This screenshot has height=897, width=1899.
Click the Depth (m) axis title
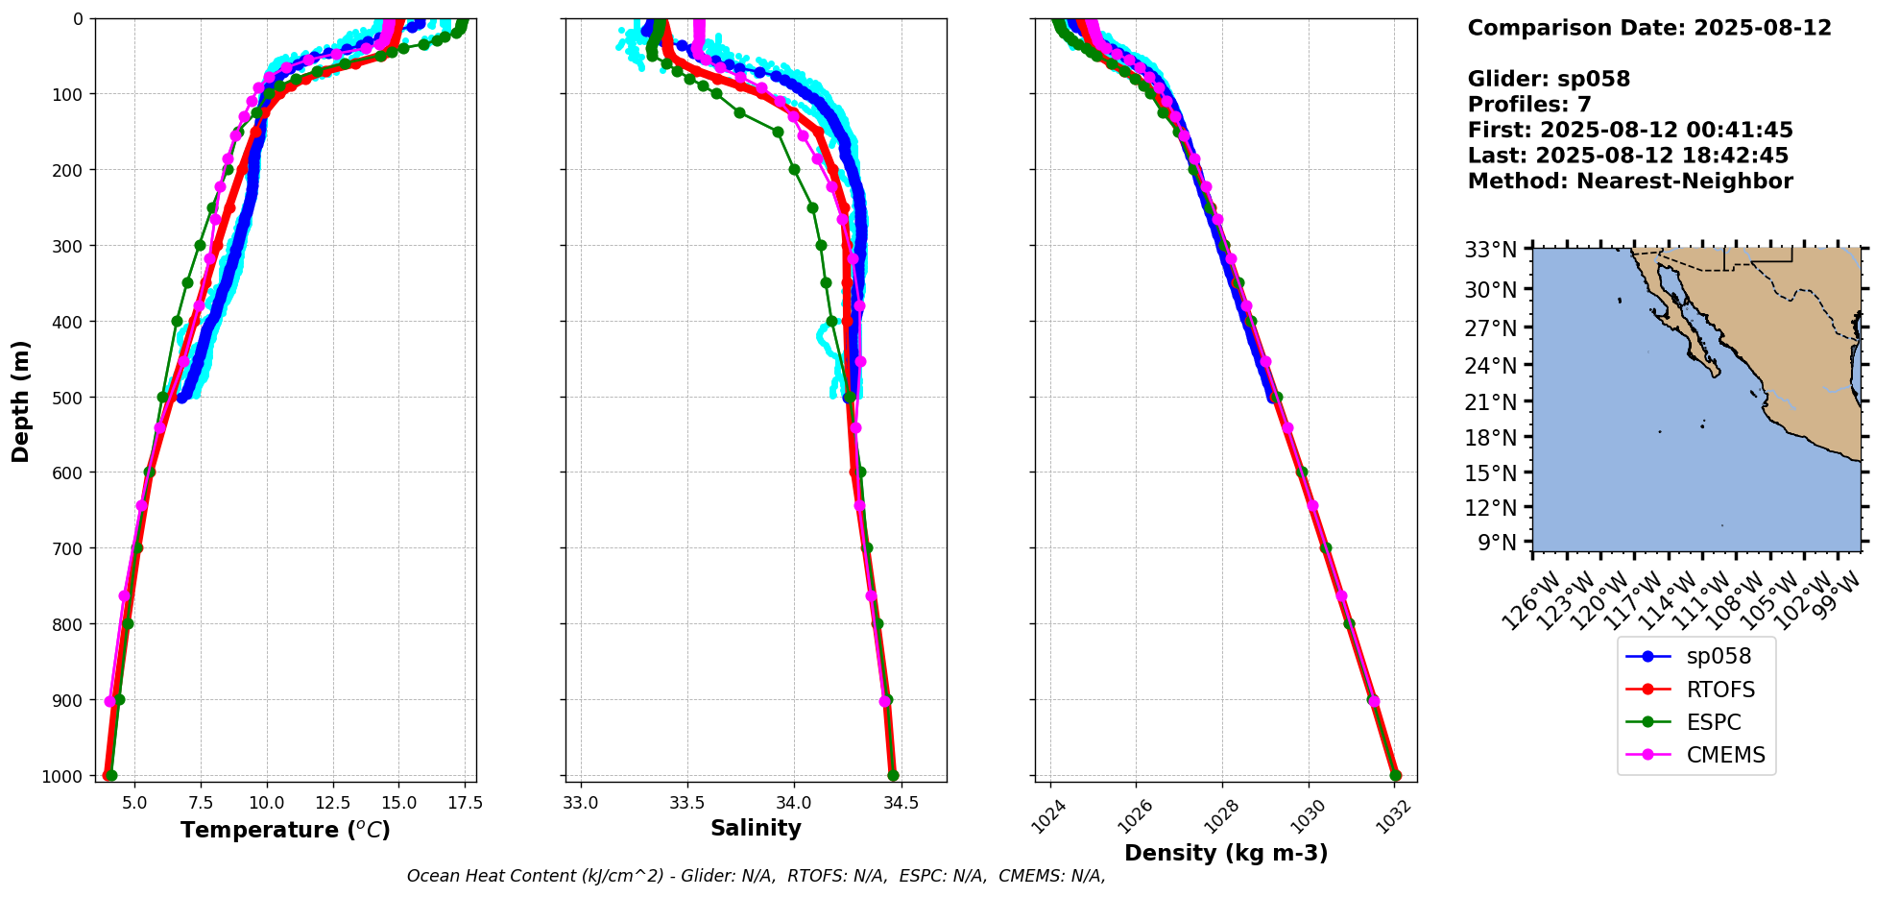pos(20,400)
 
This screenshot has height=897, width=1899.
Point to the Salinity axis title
pos(756,828)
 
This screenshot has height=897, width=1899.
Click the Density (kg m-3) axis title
pos(1226,853)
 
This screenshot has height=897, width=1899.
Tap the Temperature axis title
pos(285,830)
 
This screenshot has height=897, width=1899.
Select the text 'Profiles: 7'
pos(1529,105)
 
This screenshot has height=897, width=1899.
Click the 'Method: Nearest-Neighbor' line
pos(1630,182)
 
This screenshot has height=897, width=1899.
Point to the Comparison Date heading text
pos(1649,28)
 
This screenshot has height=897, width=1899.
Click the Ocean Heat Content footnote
pos(756,876)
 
